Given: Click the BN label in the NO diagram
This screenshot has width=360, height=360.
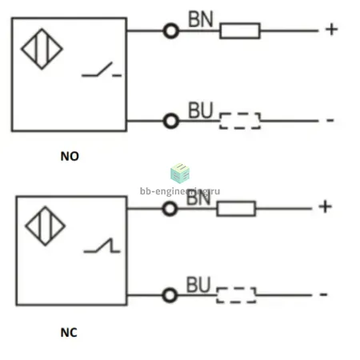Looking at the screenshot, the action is tap(201, 19).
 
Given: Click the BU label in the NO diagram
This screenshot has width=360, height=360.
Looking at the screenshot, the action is tap(201, 110).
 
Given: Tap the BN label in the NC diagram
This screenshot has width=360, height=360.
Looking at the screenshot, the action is tap(198, 198).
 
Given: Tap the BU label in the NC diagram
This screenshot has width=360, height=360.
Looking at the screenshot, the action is tap(198, 285).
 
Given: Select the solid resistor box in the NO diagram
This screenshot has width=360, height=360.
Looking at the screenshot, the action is tap(240, 30).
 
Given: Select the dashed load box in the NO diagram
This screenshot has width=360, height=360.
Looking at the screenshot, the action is tap(240, 121).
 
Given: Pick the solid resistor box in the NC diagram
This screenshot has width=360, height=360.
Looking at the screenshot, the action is tap(236, 209).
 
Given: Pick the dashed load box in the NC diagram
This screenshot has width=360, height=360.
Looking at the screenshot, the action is tap(236, 295).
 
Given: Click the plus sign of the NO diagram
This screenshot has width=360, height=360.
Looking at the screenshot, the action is tap(332, 29).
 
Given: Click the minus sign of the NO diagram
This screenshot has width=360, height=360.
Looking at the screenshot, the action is tap(330, 120).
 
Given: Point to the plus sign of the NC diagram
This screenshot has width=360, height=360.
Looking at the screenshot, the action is tap(326, 206).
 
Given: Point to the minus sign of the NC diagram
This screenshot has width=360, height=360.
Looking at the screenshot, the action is tap(323, 294).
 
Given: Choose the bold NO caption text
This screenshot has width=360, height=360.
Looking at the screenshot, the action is tap(70, 156).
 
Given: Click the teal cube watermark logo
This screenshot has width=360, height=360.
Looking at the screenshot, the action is tap(180, 174).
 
